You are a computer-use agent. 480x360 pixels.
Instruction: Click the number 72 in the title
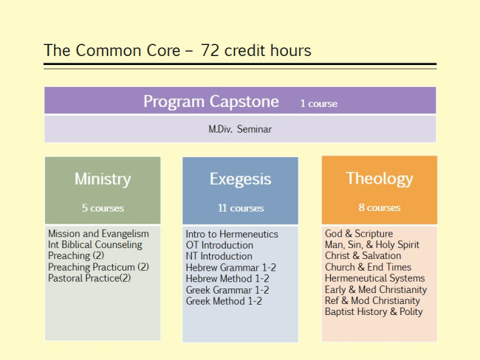[x=210, y=50]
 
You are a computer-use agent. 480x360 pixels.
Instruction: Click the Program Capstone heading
[x=211, y=102]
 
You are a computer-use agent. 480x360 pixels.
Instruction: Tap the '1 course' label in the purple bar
[x=319, y=103]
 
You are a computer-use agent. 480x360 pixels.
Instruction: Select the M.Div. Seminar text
[x=240, y=129]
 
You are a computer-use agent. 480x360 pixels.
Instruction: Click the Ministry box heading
[x=103, y=179]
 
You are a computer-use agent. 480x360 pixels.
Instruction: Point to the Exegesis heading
[x=240, y=179]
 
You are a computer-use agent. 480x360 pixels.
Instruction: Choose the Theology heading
[x=380, y=179]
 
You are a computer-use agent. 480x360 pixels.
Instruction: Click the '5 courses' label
[x=103, y=208]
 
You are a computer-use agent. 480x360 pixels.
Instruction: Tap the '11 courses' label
[x=241, y=208]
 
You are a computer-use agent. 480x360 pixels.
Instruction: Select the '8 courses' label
[x=380, y=207]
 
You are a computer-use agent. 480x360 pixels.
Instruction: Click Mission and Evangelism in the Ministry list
[x=98, y=234]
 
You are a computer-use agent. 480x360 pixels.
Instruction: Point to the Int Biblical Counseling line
[x=95, y=245]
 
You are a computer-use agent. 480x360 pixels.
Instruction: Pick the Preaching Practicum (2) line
[x=98, y=267]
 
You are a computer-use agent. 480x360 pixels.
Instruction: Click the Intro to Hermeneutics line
[x=232, y=235]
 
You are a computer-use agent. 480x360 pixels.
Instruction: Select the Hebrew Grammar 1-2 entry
[x=231, y=268]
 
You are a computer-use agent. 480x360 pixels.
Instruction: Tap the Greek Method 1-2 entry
[x=224, y=301]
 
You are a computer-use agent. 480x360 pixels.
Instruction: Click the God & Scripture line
[x=359, y=234]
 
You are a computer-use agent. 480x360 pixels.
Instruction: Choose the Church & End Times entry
[x=368, y=267]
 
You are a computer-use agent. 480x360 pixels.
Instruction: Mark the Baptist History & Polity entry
[x=374, y=311]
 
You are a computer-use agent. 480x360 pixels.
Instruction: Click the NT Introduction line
[x=219, y=256]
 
